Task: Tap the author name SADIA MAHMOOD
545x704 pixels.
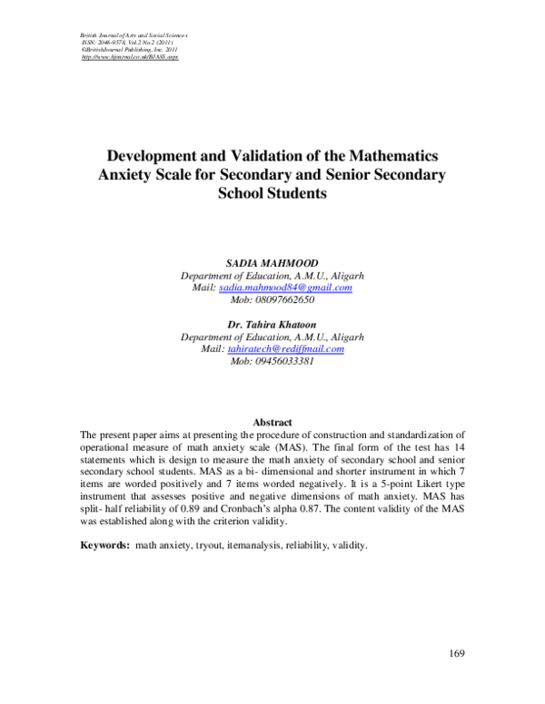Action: tap(272, 261)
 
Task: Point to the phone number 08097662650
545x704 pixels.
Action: tap(272, 300)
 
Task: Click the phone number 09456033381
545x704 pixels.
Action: tap(272, 361)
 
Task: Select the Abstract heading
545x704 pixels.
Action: tap(272, 423)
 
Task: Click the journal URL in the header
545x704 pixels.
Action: tap(130, 57)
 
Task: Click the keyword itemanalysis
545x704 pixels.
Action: tap(253, 546)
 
